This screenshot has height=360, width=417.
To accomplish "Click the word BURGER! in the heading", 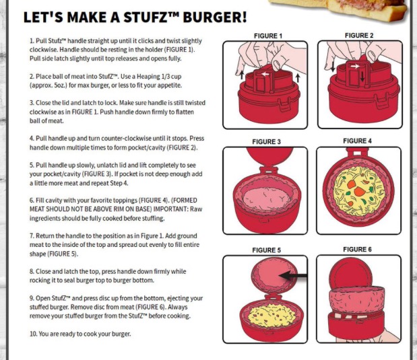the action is pos(215,17).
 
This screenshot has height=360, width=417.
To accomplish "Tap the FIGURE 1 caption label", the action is pos(268,36).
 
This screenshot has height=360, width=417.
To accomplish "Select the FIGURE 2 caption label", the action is pos(359,36).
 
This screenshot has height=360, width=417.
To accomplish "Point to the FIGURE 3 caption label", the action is pos(267,141).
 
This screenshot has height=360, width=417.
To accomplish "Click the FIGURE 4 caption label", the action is pos(357,141).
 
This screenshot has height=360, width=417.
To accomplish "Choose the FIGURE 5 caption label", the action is pos(267,250).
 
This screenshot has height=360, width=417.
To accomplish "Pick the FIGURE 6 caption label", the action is pos(357,249).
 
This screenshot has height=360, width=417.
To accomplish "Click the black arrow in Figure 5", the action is pos(293,275).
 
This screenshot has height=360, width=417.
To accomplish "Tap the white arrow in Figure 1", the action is pos(265,74).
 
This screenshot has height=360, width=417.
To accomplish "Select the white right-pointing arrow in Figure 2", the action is pos(355,66).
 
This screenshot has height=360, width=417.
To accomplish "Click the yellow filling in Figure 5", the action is pos(271,316).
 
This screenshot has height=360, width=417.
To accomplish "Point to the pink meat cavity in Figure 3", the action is pos(266,199).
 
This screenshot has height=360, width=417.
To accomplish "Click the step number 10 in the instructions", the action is pos(33,334).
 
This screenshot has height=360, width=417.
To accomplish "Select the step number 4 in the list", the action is pos(32,139).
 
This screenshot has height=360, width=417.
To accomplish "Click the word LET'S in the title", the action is pos(43,17).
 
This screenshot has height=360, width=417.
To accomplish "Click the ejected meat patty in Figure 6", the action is pos(356,299).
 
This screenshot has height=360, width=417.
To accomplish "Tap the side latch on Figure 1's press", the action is pos(284,104).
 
